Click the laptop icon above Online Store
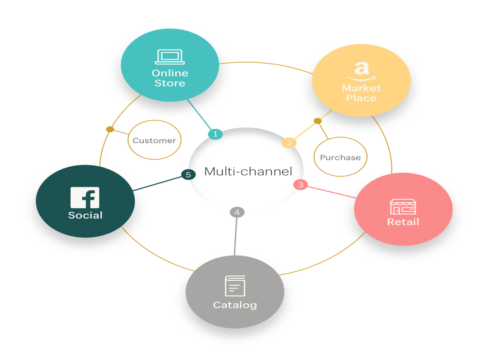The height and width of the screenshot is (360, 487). click(170, 57)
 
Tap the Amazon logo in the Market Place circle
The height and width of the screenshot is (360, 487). click(361, 71)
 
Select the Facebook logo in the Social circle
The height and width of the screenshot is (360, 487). click(85, 197)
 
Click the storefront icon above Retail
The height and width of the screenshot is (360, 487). click(403, 206)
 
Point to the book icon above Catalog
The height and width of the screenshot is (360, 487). click(235, 286)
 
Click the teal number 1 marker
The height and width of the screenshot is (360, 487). click(215, 134)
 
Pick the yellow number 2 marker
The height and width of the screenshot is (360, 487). click(289, 143)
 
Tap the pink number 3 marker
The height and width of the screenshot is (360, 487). click(300, 184)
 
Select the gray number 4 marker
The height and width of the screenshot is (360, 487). click(237, 212)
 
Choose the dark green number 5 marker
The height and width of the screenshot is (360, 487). click(188, 174)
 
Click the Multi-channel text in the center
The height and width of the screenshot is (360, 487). click(248, 171)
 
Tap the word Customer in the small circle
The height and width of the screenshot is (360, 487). click(154, 141)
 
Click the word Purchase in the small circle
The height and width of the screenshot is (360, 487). click(340, 157)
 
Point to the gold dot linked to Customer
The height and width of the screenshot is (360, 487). click(110, 129)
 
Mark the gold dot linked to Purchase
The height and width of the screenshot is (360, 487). click(318, 121)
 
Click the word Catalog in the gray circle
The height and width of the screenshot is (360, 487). click(235, 305)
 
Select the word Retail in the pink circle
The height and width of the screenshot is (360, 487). click(403, 222)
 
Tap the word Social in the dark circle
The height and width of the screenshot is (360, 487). click(85, 215)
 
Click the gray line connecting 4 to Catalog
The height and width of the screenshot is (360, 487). click(236, 237)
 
